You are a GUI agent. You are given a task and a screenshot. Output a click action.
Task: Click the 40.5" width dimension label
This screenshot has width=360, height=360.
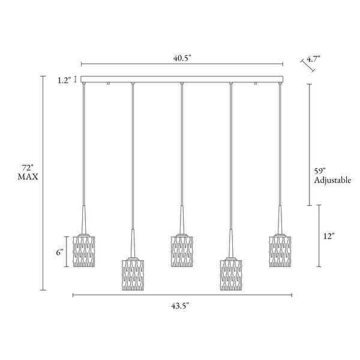pos(182,58)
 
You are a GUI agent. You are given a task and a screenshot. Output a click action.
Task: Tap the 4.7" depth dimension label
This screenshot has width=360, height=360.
pos(313,59)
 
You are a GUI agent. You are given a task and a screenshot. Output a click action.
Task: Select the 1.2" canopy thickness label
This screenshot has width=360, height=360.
pos(64,80)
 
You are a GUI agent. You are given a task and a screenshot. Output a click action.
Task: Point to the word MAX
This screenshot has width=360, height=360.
pos(28,177)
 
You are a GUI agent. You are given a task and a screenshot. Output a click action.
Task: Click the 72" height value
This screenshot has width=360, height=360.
pos(28,168)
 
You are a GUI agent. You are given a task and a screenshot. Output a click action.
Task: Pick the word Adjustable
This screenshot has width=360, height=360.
pos(332,180)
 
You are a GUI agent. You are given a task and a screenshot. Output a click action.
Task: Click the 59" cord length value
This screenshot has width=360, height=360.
pos(320,171)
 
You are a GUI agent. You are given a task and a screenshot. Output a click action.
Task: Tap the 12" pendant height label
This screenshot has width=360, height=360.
pos(329,236)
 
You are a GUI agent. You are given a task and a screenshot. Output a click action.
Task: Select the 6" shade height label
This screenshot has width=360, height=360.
pos(59,252)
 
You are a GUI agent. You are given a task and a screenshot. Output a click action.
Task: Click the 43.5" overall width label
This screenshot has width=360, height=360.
pos(180,306)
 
